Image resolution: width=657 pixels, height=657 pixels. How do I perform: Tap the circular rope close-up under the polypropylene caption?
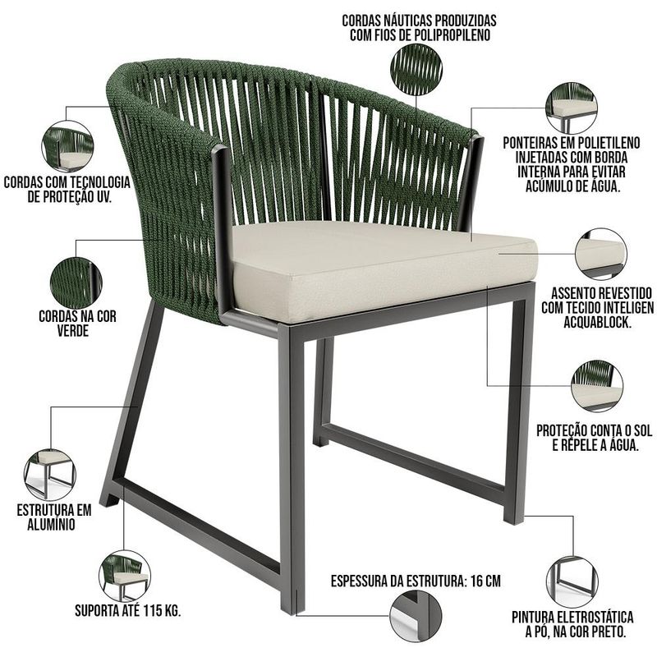pos(416,70)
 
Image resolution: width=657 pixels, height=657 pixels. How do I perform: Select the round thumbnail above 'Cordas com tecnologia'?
pos(67,146)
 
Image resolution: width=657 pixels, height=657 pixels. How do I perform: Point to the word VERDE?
pos(73,331)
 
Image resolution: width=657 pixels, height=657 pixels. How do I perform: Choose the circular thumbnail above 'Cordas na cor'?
pos(76,283)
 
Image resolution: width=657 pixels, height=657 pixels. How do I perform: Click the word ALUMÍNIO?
pos(51,525)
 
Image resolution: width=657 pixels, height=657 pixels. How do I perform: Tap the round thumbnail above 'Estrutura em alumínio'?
pos(50,475)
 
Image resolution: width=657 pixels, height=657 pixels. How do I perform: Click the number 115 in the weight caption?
pos(152,611)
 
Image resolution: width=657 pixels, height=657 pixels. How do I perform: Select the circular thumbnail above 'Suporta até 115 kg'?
pos(125,577)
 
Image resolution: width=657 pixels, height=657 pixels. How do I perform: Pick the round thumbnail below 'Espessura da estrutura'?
pos(416,615)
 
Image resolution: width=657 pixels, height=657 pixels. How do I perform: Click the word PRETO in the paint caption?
pos(607,632)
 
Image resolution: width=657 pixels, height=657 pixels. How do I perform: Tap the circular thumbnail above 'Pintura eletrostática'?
pos(572,581)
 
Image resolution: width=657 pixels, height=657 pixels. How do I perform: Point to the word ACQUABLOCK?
pos(597,322)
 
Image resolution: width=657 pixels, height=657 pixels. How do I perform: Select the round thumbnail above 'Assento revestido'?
pos(601,254)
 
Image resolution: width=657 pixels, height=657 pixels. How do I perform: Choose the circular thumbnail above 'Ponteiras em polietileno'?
pos(572,108)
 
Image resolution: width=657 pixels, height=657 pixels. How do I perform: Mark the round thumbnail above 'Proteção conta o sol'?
pos(597,385)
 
